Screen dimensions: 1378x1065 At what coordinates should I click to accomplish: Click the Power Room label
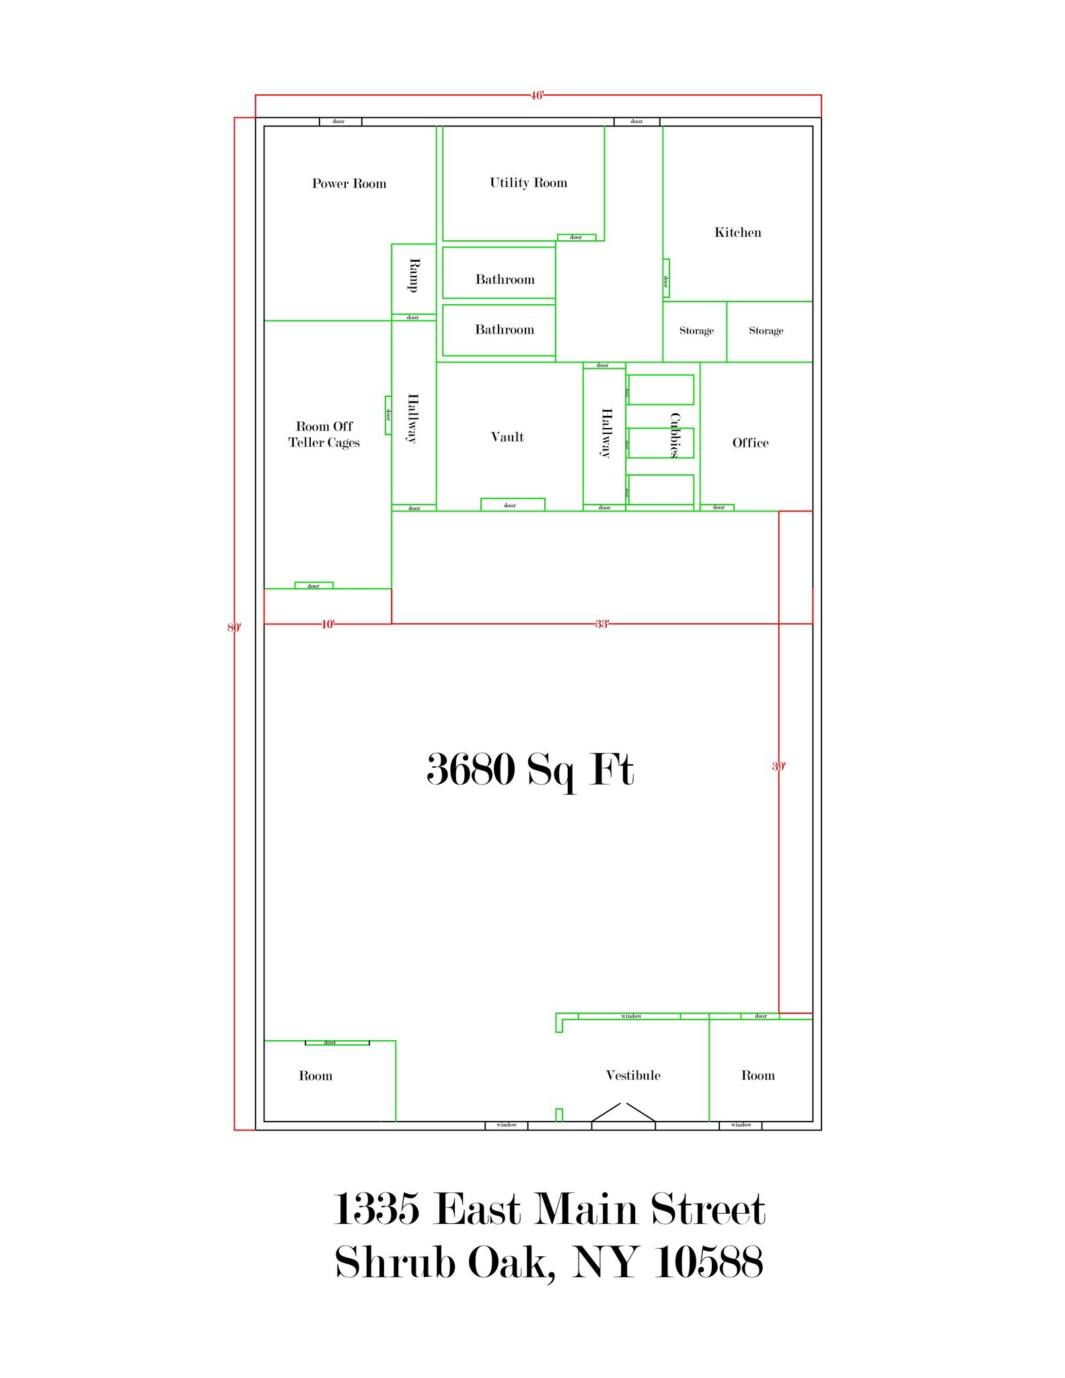[348, 184]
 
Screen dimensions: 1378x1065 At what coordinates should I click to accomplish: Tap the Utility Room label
[528, 183]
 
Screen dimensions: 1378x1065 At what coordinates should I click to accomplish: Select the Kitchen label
[737, 233]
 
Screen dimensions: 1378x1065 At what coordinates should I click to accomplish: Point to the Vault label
[507, 437]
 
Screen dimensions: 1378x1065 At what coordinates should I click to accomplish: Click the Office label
[750, 443]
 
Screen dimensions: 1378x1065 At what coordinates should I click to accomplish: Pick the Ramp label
[414, 275]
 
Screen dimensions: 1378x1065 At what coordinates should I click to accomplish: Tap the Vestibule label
[633, 1075]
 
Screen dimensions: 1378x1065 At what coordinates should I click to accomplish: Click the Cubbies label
[675, 435]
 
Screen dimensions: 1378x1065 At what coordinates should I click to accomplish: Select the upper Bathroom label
[505, 279]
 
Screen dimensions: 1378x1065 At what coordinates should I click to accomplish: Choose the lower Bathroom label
[505, 330]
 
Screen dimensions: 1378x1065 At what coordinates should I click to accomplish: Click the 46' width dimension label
[536, 96]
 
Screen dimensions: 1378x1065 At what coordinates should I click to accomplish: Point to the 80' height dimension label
[233, 628]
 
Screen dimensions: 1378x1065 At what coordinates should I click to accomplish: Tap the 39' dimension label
[778, 766]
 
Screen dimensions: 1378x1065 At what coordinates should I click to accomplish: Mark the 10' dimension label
[328, 624]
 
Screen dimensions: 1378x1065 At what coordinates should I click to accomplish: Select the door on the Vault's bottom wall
[512, 505]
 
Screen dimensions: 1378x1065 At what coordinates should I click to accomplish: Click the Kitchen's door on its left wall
[666, 278]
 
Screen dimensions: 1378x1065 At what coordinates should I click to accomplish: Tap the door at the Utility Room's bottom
[576, 238]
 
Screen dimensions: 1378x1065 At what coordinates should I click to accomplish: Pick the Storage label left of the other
[696, 330]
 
